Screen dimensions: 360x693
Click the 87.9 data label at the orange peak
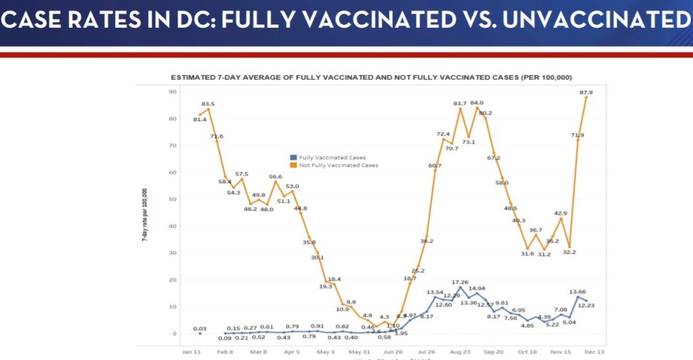(x=586, y=93)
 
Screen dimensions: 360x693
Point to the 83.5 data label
(x=208, y=104)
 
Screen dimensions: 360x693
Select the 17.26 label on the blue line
(x=460, y=282)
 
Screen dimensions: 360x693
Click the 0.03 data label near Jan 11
(x=200, y=329)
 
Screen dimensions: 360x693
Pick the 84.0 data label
(x=476, y=103)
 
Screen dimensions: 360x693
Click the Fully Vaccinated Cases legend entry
(x=321, y=158)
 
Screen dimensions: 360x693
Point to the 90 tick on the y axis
(x=173, y=92)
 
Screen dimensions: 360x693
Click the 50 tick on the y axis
(x=173, y=199)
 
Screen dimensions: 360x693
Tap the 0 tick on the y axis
(x=174, y=334)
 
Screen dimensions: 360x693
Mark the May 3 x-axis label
(x=326, y=353)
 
